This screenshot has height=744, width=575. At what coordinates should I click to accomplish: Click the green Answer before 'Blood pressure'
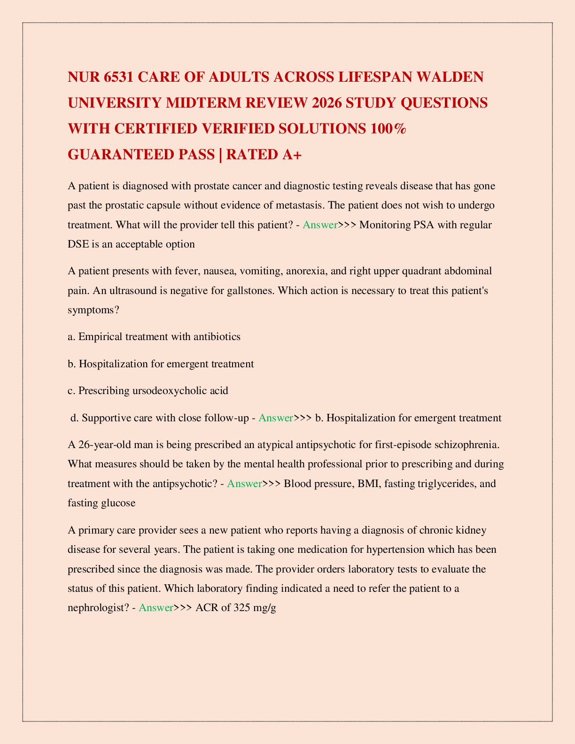(x=244, y=483)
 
